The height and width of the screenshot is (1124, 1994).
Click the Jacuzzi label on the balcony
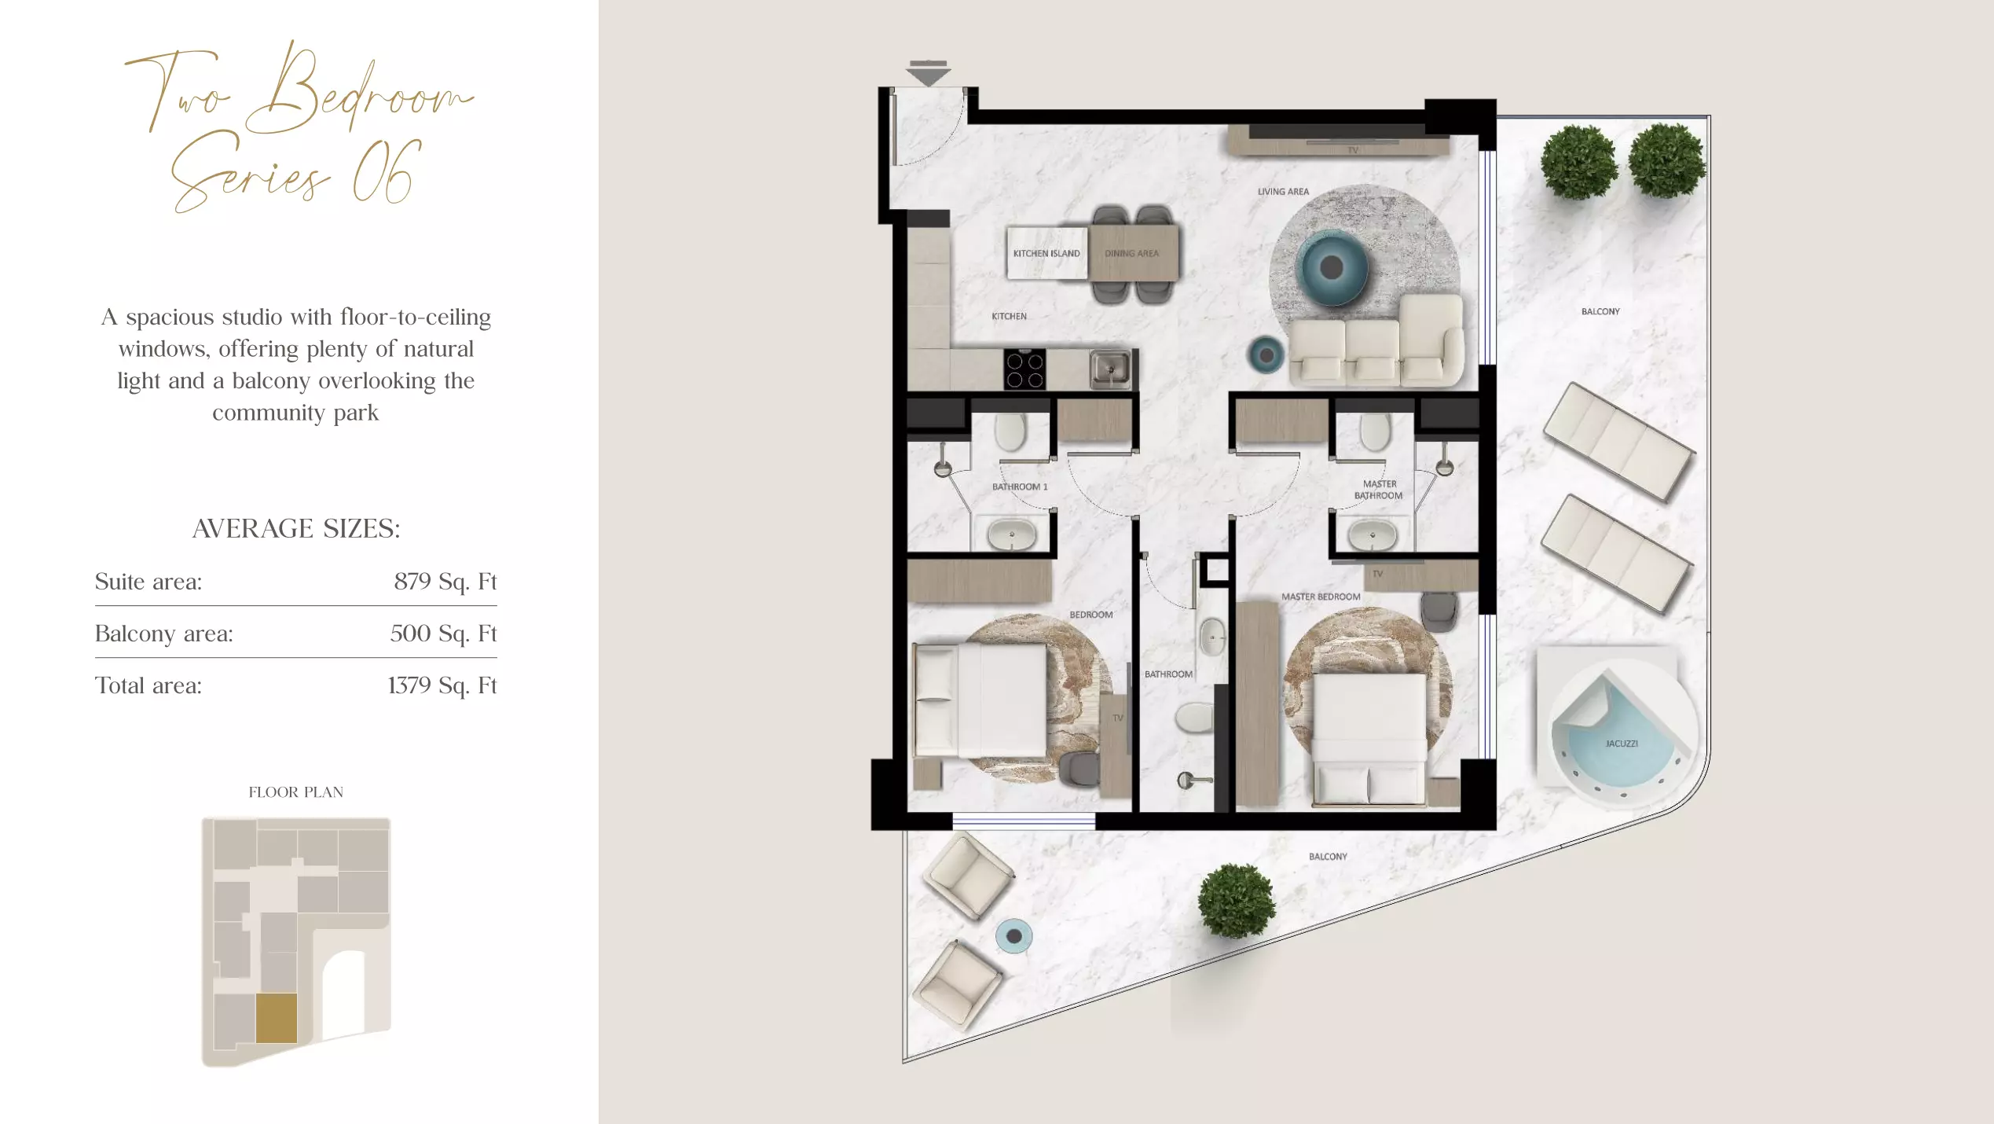1622,743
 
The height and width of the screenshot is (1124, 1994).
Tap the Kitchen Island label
1046,253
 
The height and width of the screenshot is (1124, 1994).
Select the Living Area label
1283,191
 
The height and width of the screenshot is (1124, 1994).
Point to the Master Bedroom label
1321,597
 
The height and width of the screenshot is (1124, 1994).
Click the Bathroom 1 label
1020,487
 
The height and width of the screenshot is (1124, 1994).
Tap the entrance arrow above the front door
928,73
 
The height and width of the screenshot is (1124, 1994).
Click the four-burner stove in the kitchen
1024,369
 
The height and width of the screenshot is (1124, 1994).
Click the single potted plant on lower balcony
1236,901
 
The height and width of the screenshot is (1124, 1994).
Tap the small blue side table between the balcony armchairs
1014,936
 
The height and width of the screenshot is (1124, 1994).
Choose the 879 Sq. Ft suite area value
445,582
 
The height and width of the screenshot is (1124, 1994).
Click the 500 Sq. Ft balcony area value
444,634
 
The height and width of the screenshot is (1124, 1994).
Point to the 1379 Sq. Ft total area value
442,685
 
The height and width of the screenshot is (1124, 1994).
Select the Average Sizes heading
296,528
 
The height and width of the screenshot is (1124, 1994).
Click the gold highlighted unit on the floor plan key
277,1018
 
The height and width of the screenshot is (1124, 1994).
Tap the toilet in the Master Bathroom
1374,432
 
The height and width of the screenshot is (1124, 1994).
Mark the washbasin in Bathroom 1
1012,535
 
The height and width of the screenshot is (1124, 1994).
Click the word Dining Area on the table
1131,253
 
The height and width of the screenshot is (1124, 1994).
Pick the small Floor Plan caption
296,792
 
